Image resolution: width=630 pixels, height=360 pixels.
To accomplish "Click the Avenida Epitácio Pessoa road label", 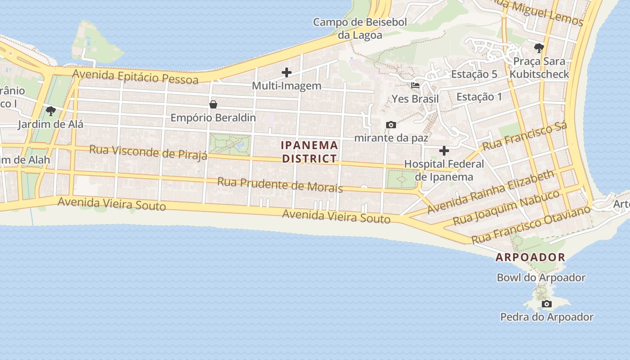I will [x=135, y=76].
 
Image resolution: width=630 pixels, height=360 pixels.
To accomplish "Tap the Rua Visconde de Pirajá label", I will [x=148, y=152].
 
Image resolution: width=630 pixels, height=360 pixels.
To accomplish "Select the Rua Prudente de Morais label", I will [x=280, y=184].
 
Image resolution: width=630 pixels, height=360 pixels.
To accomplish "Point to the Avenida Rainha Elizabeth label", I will [x=490, y=192].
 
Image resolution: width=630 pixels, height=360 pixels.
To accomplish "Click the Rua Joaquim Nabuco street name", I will [x=506, y=207].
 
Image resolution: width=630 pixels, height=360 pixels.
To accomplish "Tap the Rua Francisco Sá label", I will [x=525, y=135].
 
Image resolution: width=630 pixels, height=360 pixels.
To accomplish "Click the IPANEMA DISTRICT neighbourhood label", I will [x=309, y=152].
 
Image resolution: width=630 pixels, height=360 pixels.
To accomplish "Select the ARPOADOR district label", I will [x=530, y=257].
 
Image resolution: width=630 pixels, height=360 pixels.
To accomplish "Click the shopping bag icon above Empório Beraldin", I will [x=213, y=105].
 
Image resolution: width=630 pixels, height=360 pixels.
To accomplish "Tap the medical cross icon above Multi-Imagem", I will [x=287, y=72].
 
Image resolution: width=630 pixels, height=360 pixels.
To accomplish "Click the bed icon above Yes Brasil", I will [x=415, y=85].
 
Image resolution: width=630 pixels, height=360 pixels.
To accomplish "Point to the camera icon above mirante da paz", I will [x=391, y=125].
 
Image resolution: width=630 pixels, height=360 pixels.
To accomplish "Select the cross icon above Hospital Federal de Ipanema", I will [x=444, y=151].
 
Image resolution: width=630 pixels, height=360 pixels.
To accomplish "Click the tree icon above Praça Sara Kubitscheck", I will [x=539, y=48].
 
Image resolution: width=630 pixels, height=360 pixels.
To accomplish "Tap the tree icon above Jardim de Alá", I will [x=51, y=111].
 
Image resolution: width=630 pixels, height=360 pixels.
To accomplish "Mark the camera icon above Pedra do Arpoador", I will [x=547, y=304].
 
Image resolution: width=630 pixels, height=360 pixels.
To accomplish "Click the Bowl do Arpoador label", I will [x=541, y=278].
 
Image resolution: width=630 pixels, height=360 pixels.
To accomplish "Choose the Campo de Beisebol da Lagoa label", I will [x=360, y=28].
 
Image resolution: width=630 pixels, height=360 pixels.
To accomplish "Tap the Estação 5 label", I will [x=474, y=74].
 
